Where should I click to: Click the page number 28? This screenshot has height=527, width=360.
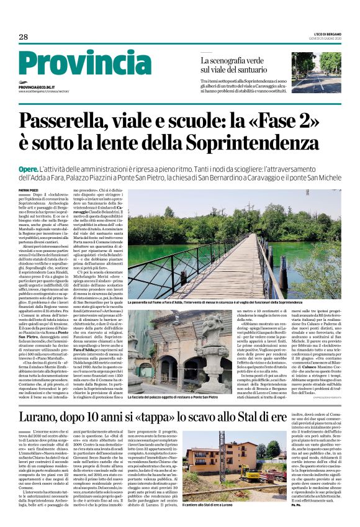24,37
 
